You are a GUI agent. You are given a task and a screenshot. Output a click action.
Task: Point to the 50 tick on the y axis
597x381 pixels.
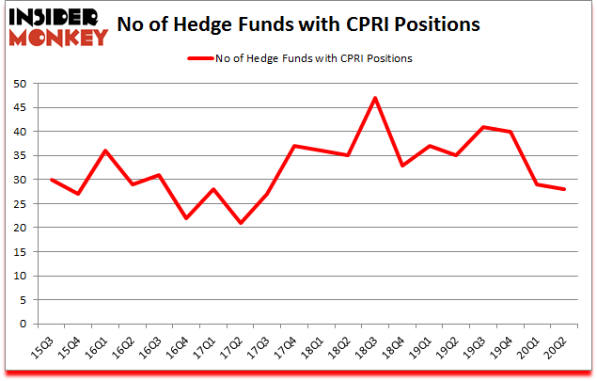(x=18, y=83)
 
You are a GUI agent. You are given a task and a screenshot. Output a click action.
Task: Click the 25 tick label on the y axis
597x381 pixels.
(x=18, y=203)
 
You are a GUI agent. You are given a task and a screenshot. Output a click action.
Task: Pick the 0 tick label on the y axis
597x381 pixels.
(x=22, y=324)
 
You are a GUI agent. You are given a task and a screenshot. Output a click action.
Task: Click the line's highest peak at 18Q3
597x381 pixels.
(x=375, y=98)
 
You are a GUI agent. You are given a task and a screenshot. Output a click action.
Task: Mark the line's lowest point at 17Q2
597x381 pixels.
(x=241, y=223)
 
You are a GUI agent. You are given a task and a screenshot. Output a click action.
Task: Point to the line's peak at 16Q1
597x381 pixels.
(x=105, y=151)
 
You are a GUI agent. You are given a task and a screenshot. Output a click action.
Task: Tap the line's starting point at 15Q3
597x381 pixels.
(x=51, y=180)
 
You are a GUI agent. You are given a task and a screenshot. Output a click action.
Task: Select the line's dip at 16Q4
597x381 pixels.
(x=186, y=218)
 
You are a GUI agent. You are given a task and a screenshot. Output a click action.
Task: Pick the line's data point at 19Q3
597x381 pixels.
(x=484, y=127)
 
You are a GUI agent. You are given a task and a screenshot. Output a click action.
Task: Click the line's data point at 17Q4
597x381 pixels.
(x=294, y=146)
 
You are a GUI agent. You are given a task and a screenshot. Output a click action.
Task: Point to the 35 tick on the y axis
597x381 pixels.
(x=18, y=155)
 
